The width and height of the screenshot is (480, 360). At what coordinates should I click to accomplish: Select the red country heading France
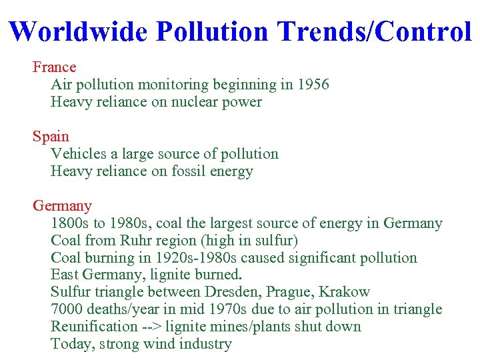pyautogui.click(x=55, y=67)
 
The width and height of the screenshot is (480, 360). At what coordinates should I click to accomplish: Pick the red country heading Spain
pyautogui.click(x=51, y=137)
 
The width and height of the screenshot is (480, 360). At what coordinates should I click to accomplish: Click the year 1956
pyautogui.click(x=313, y=85)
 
